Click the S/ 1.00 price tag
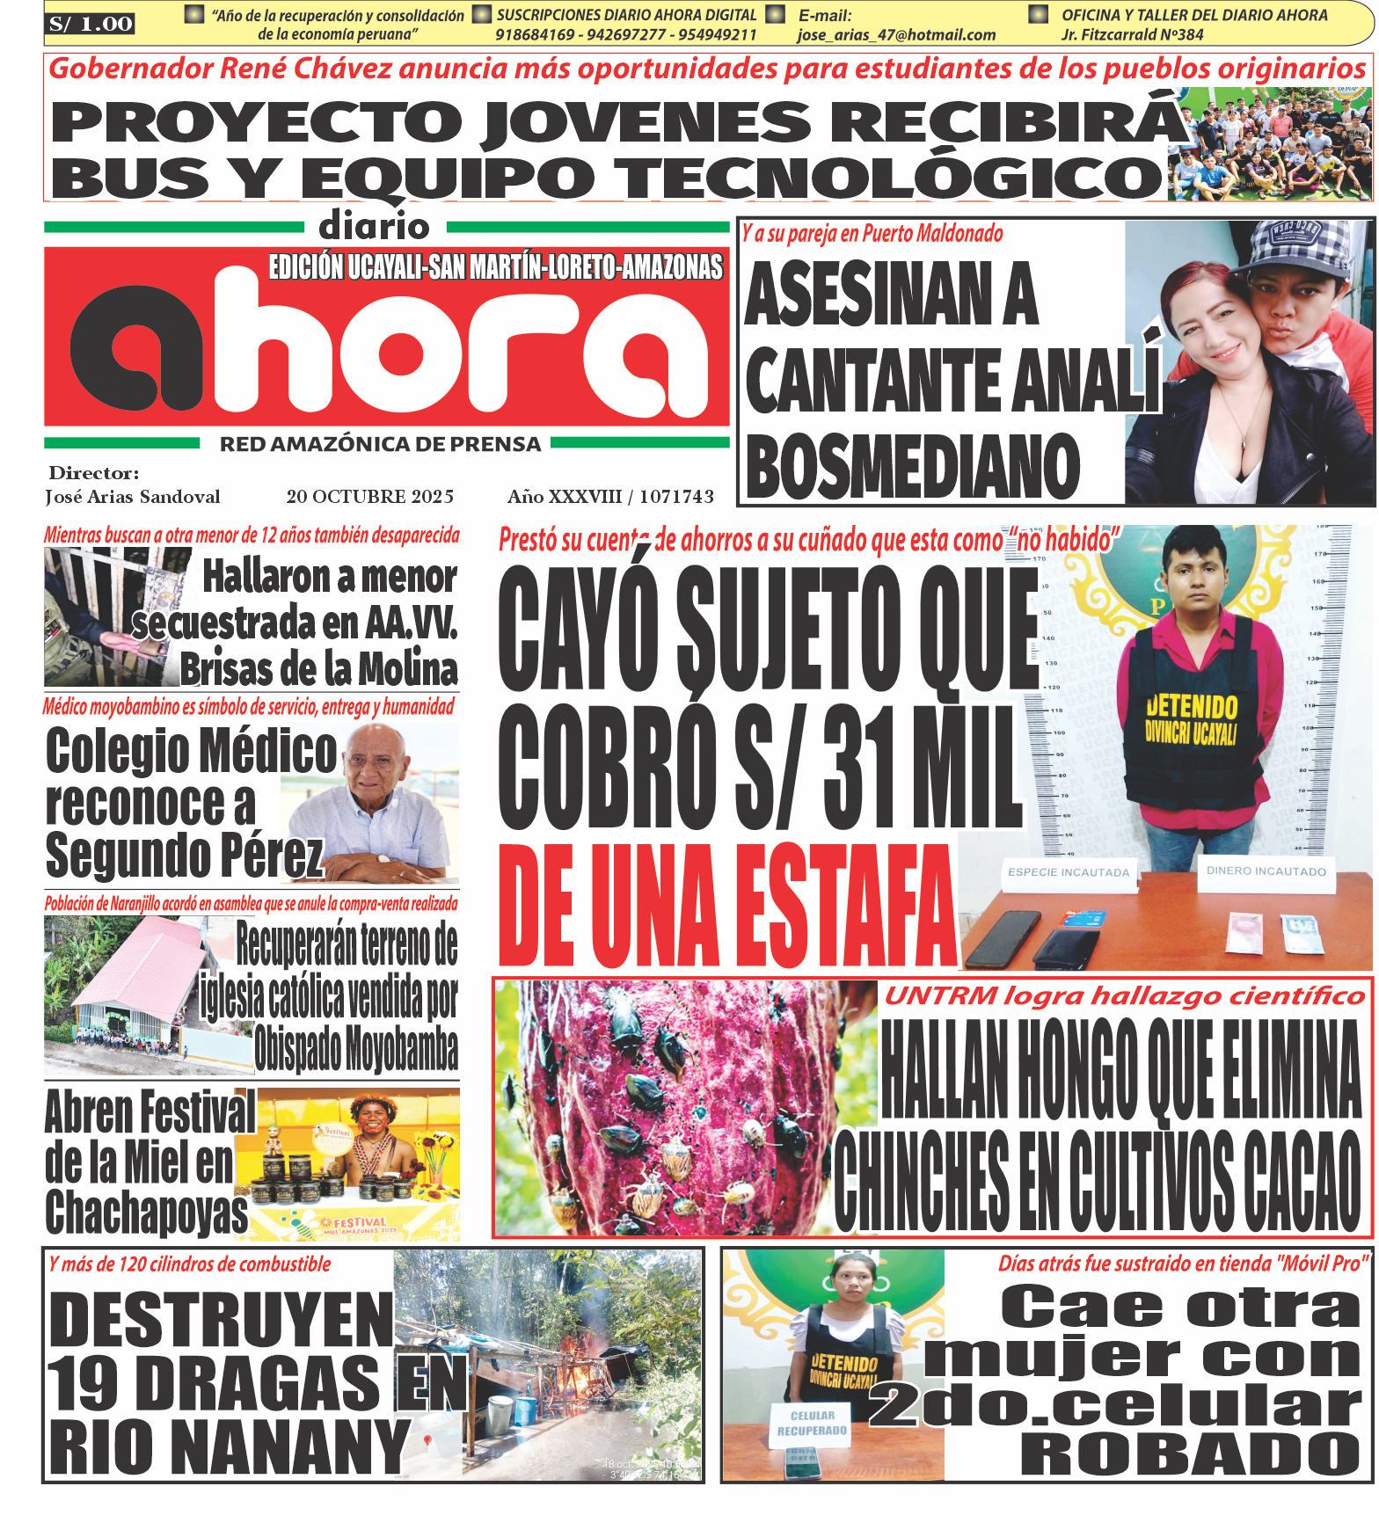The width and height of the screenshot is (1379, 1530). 91,24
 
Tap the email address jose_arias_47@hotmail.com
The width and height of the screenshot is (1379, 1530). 896,35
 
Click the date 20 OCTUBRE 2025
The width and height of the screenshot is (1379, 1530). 370,497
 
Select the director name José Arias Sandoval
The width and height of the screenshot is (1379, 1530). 133,497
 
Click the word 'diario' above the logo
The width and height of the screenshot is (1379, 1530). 375,227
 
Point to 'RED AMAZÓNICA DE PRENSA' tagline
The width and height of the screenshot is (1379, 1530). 380,444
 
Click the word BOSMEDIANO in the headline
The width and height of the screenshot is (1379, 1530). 912,466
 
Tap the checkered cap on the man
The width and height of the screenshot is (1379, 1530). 1299,246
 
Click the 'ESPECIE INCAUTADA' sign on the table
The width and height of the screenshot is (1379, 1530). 1069,872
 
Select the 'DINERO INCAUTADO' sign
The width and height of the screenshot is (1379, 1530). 1266,871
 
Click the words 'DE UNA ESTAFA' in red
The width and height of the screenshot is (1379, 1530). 726,906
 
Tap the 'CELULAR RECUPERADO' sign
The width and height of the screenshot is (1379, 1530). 812,1424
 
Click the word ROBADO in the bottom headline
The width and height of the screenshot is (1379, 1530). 1190,1454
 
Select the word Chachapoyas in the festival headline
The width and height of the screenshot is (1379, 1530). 147,1213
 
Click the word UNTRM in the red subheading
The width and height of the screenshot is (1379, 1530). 941,996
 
